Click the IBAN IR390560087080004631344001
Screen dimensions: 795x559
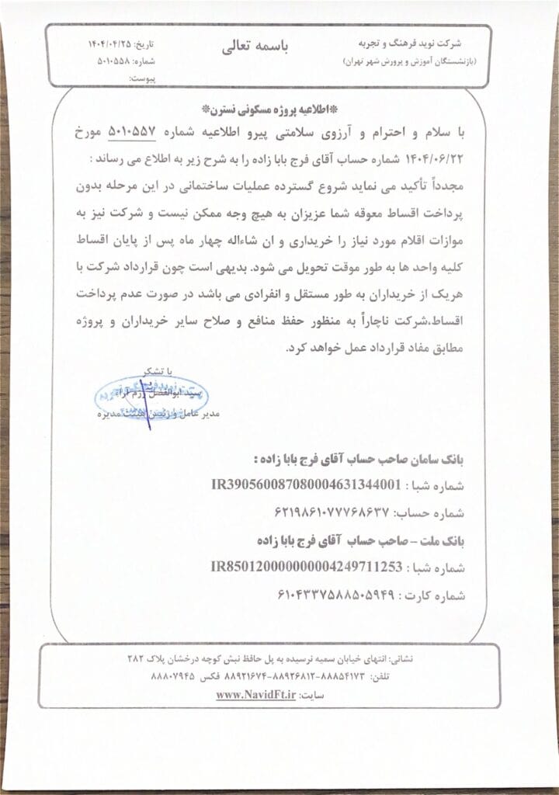click(x=307, y=485)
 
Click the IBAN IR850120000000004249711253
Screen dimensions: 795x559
click(x=307, y=567)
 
